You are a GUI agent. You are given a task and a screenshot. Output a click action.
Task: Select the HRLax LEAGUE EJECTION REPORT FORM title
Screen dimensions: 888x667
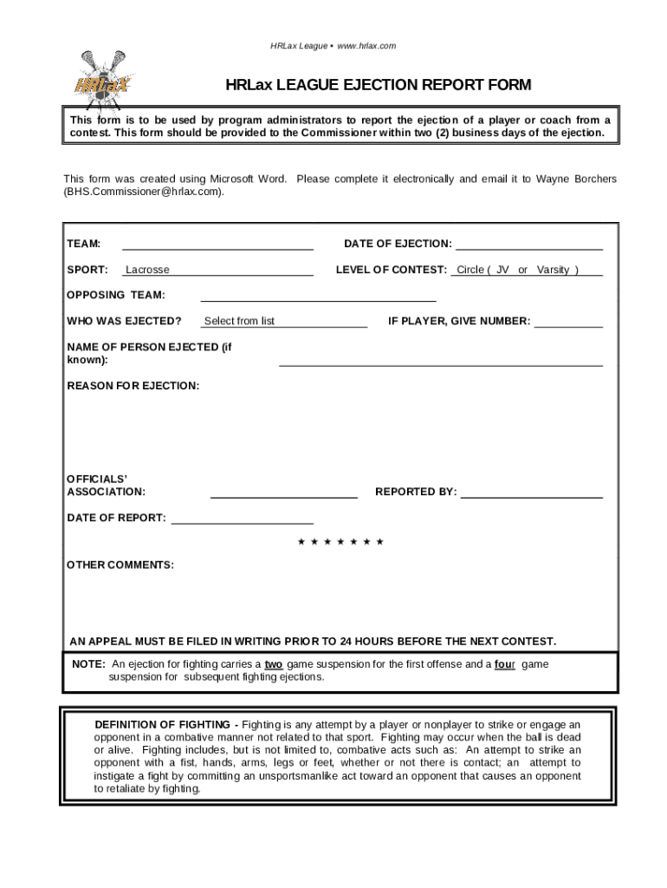[378, 85]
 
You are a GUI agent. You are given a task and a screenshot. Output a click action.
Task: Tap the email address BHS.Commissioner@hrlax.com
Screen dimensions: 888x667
[143, 192]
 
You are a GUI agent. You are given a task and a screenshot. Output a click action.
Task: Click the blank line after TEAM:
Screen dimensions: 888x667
[217, 245]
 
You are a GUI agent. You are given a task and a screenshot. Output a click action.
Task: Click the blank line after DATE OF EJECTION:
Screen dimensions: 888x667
[528, 245]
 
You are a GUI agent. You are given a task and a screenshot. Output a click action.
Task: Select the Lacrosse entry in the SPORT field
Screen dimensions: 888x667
[148, 271]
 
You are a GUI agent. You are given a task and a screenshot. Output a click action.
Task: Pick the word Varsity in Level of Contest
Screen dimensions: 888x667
[553, 270]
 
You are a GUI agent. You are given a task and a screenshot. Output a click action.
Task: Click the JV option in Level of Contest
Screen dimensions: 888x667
[502, 270]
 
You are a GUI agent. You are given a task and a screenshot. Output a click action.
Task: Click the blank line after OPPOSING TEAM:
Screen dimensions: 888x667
[318, 297]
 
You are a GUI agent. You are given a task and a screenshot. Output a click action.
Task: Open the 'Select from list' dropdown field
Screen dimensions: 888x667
[283, 322]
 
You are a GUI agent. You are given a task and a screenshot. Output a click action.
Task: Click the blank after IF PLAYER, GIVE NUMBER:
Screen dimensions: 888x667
[568, 323]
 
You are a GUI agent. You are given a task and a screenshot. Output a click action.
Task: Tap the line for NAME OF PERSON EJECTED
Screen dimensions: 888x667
[440, 362]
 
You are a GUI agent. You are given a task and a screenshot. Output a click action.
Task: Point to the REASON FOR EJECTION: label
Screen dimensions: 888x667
[133, 385]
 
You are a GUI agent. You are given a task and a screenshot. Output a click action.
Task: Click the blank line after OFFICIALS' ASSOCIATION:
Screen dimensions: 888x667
[283, 493]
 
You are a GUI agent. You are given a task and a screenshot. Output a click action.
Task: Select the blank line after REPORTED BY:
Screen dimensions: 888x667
[531, 493]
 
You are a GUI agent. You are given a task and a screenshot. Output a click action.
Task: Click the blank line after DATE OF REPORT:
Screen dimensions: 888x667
[242, 519]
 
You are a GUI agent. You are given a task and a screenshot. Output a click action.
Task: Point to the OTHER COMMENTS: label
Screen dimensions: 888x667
[120, 565]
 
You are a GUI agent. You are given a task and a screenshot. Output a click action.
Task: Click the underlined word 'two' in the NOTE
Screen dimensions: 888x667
[274, 664]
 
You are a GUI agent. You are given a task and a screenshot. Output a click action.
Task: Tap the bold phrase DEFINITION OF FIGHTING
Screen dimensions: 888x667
[162, 724]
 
